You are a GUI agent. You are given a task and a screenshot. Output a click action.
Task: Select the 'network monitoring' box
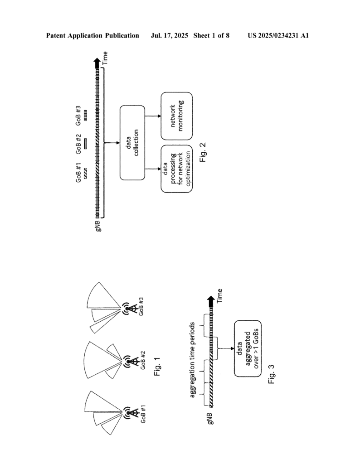coord(177,116)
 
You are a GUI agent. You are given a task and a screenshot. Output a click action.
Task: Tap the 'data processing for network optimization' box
coord(177,169)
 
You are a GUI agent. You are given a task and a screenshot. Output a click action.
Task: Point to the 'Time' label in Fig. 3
coord(220,295)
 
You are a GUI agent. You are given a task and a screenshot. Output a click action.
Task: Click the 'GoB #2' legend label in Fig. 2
coord(79,145)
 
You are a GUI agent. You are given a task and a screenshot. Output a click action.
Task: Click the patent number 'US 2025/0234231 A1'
coord(278,35)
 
